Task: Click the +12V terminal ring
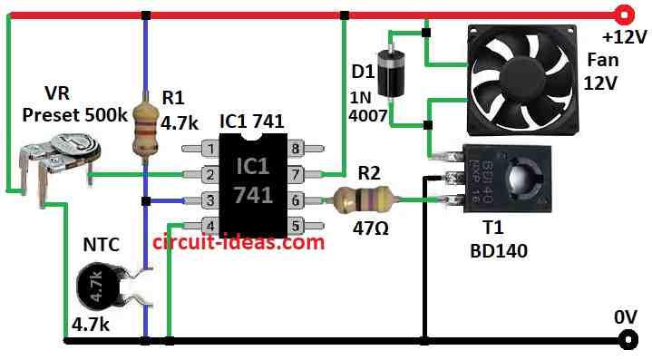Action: pos(623,15)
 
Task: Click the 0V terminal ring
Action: pos(625,341)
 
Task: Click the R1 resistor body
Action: pos(145,127)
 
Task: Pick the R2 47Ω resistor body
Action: pos(362,199)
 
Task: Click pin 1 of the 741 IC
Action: pos(208,148)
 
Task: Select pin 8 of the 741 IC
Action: pos(297,148)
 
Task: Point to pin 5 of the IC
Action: pos(297,224)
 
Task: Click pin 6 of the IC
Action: pos(297,199)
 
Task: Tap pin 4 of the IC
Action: pos(208,224)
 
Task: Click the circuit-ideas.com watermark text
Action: pos(238,243)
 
